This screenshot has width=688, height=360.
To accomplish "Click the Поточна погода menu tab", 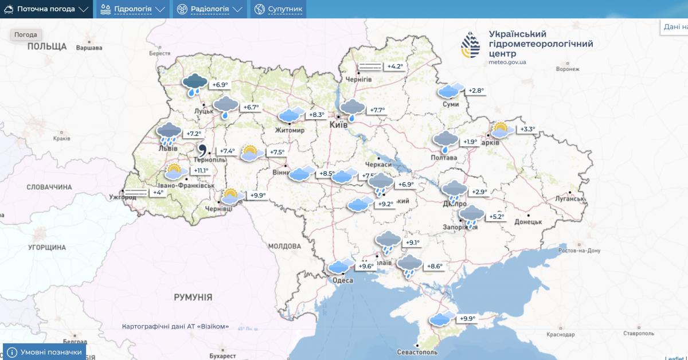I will [46, 9].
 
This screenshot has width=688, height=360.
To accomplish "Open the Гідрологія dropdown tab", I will [132, 9].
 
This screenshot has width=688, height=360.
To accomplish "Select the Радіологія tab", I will [210, 9].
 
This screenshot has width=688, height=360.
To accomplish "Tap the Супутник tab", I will [279, 9].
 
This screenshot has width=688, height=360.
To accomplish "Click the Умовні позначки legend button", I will [45, 352].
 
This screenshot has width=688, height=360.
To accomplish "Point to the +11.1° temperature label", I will [201, 171].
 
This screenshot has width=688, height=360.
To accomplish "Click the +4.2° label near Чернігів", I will [395, 66].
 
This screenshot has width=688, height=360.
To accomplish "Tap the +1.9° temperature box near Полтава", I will [470, 142].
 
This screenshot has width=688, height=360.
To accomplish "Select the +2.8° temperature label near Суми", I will [476, 91].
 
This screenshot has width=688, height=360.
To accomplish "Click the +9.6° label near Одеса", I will [366, 266].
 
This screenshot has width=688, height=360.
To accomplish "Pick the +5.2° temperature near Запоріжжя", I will [497, 217].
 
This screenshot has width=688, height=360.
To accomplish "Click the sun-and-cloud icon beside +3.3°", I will [501, 130].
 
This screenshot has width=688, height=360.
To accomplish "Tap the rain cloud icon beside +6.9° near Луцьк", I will [195, 85].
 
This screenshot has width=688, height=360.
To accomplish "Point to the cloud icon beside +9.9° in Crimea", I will [441, 319].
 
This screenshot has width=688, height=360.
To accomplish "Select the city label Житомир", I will [290, 130].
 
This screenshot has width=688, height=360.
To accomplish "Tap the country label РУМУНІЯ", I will [193, 298].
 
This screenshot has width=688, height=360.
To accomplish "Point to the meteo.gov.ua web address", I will [508, 62].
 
